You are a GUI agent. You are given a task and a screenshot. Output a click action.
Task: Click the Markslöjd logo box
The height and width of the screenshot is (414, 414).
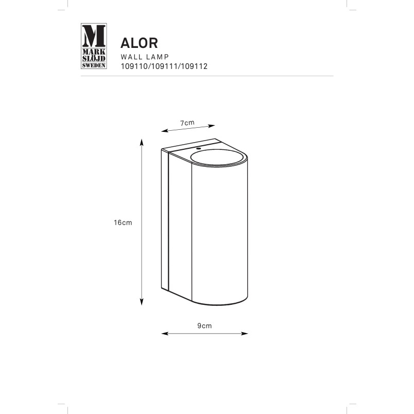94,46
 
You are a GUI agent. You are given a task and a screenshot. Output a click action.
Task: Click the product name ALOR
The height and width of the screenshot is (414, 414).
139,43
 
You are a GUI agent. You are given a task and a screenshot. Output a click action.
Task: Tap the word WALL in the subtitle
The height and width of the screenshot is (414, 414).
131,57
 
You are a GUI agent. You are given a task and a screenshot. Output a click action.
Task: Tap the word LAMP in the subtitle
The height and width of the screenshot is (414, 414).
158,57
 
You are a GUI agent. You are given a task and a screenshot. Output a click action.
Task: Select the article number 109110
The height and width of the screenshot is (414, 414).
135,66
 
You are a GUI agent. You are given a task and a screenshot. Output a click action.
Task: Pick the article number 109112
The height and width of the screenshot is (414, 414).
194,66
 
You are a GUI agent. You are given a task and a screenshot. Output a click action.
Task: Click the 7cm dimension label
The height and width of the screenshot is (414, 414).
187,123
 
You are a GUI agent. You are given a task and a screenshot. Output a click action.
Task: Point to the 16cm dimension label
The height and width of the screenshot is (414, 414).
123,222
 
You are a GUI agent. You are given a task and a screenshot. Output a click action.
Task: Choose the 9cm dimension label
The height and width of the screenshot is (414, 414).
204,326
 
